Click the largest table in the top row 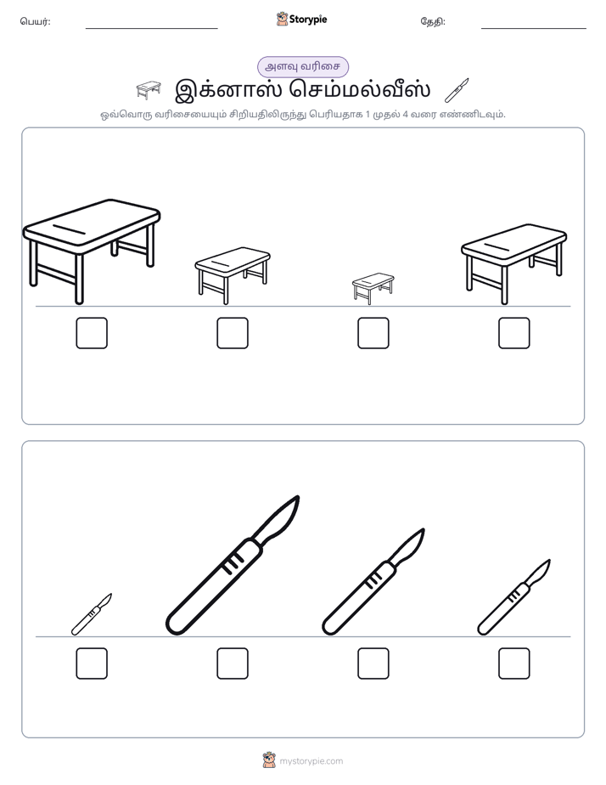pos(92,251)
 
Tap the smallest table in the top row pos(373,288)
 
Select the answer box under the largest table pos(92,333)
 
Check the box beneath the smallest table pos(373,333)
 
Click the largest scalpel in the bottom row pos(233,566)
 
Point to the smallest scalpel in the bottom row pos(92,614)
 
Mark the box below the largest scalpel pos(233,664)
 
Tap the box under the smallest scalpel pos(92,664)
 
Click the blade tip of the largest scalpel pos(298,497)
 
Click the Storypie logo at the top pos(301,19)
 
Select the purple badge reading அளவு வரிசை pos(302,66)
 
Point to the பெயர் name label pos(35,21)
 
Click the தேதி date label pos(433,21)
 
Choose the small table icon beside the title pos(149,90)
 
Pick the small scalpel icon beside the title pos(457,90)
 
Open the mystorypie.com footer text pos(311,761)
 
